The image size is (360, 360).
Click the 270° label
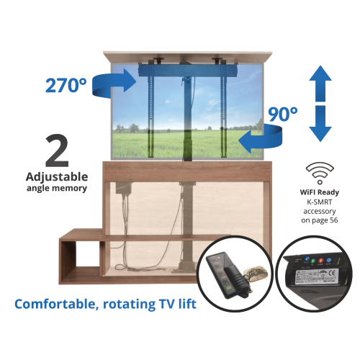click(x=66, y=85)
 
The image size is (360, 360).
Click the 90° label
click(x=283, y=114)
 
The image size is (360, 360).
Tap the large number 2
click(x=57, y=150)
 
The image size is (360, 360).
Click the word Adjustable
click(x=57, y=177)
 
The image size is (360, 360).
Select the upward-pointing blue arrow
click(x=320, y=84)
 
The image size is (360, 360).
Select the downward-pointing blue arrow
click(x=320, y=123)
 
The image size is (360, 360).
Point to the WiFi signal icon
click(x=320, y=173)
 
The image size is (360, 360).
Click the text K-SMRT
click(x=320, y=202)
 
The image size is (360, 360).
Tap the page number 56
click(x=333, y=220)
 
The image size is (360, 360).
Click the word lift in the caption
click(x=187, y=303)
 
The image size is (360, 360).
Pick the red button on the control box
click(x=321, y=261)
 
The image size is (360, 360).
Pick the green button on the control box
click(x=313, y=261)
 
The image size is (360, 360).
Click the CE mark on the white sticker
click(x=333, y=273)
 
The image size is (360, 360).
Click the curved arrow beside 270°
click(x=113, y=83)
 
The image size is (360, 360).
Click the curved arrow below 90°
click(x=261, y=138)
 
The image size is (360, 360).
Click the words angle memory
click(x=57, y=189)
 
